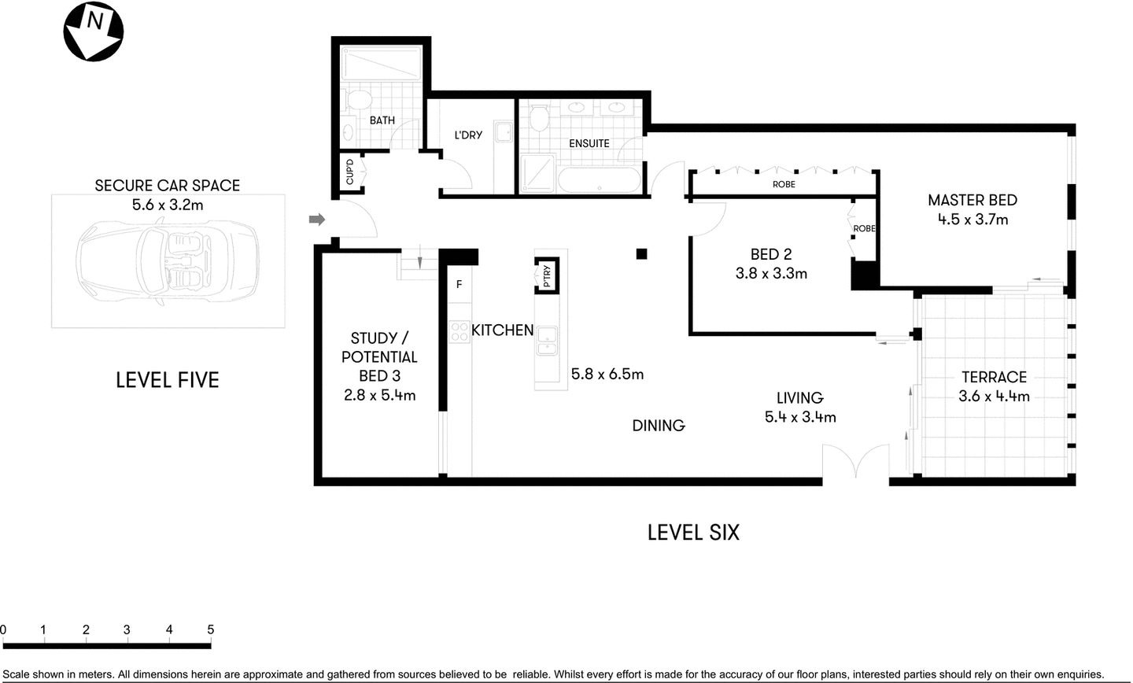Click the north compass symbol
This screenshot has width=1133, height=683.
pos(93,31)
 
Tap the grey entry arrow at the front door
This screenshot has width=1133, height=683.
pos(316,220)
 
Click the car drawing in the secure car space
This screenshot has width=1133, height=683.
pos(168,260)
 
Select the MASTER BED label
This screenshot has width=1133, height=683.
pos(972,201)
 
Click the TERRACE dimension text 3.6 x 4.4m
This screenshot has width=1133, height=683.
pos(994,397)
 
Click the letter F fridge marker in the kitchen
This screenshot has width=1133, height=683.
pos(459,285)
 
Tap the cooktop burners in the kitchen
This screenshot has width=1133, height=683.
pos(459,332)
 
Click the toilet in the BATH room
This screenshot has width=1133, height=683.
pos(357,100)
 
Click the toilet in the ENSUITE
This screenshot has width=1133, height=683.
pos(539,119)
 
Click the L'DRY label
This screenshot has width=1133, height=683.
pos(467,135)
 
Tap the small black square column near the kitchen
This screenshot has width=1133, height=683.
pos(642,253)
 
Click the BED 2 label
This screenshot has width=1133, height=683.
pos(770,254)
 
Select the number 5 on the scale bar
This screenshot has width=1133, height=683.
pos(210,629)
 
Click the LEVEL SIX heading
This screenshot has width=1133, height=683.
pos(693,533)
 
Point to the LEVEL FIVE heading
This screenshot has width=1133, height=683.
pos(167,380)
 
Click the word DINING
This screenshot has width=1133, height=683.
pos(659,426)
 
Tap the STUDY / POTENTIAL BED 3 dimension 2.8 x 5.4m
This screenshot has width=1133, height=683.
pos(379,395)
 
